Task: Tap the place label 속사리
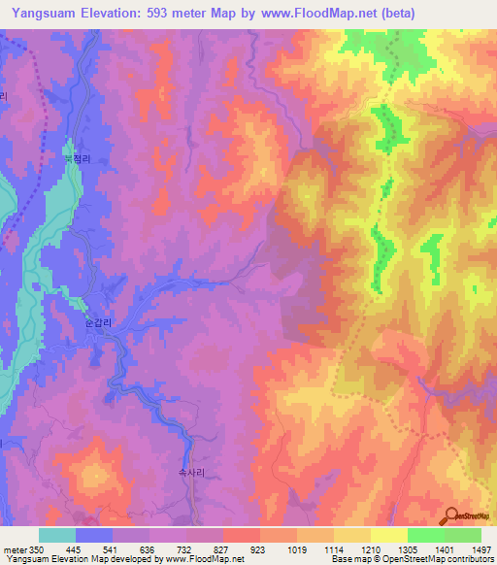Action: (x=190, y=468)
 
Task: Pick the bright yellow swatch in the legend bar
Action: (x=388, y=535)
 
